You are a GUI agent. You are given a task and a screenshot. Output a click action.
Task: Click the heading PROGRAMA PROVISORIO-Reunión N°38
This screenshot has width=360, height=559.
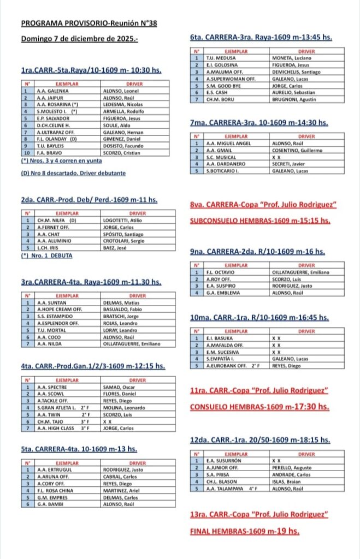[88, 23]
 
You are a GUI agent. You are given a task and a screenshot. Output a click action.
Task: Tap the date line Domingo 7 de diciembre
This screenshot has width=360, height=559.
[80, 39]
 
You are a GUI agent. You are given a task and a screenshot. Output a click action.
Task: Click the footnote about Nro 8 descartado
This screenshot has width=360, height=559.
[74, 173]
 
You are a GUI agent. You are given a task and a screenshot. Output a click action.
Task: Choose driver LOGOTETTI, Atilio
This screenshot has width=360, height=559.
[123, 220]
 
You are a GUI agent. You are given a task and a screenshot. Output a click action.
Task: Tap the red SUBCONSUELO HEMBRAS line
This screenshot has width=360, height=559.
[260, 221]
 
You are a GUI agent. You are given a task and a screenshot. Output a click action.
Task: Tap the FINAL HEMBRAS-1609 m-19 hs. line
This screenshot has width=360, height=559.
[244, 531]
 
